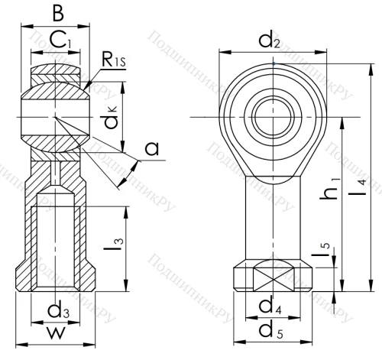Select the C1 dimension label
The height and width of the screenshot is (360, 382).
tap(57, 39)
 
